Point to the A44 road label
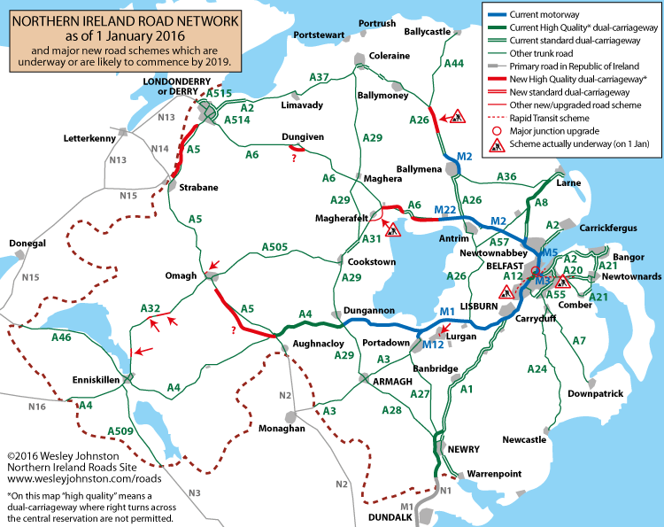click(x=453, y=64)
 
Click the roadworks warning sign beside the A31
click(x=393, y=229)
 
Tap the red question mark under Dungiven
click(x=293, y=159)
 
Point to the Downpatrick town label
click(x=596, y=393)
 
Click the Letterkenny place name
click(x=90, y=139)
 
